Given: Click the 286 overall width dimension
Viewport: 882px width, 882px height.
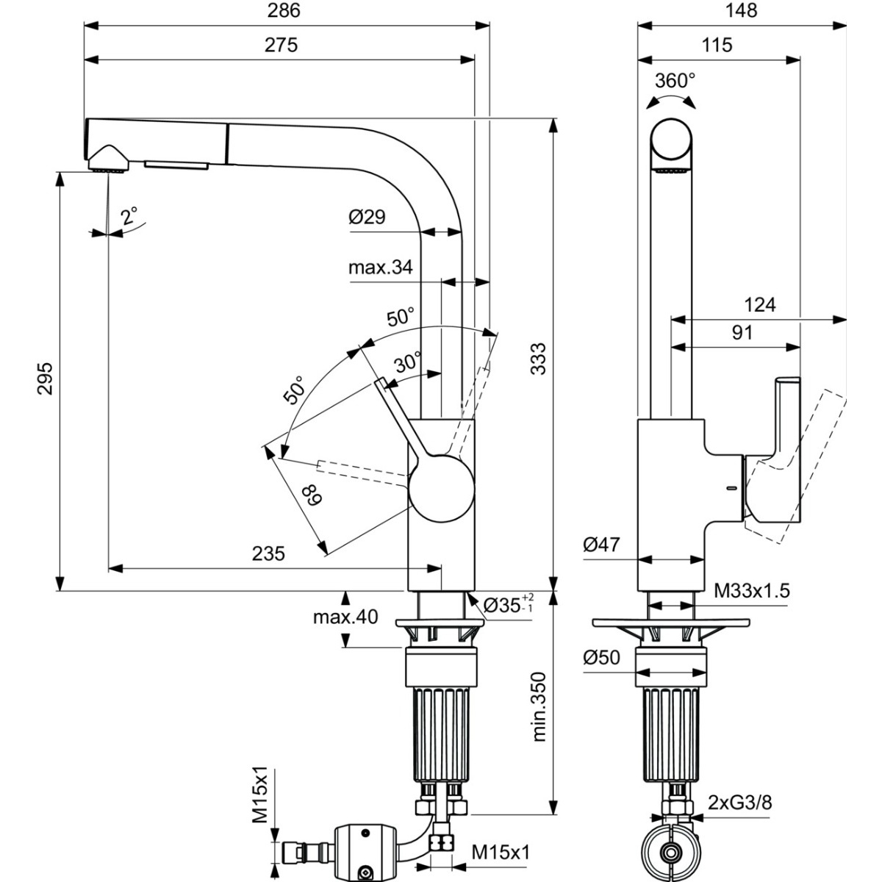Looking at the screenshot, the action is pyautogui.click(x=284, y=10).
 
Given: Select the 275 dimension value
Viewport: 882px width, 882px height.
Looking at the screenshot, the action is pyautogui.click(x=281, y=45).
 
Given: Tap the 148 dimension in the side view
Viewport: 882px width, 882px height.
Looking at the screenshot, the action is pyautogui.click(x=741, y=10).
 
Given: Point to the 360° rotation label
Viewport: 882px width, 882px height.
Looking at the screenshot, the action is pyautogui.click(x=675, y=81).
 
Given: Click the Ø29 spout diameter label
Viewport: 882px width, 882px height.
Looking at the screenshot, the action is pyautogui.click(x=367, y=217).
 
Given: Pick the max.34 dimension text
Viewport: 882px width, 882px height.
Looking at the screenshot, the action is pyautogui.click(x=381, y=267).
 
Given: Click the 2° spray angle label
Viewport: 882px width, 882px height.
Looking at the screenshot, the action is pyautogui.click(x=129, y=215).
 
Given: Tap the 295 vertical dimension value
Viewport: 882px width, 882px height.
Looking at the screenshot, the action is pyautogui.click(x=46, y=379).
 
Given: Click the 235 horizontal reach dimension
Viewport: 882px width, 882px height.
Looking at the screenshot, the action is pyautogui.click(x=269, y=553).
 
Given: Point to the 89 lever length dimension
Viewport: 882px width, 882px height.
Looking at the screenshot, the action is pyautogui.click(x=312, y=495).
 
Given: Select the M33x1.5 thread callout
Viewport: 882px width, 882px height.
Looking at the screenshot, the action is pyautogui.click(x=752, y=591).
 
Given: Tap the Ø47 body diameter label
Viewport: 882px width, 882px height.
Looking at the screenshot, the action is pyautogui.click(x=601, y=544).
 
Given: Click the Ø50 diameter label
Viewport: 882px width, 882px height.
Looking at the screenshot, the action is pyautogui.click(x=601, y=658).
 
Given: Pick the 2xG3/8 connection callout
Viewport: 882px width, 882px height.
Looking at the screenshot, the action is pyautogui.click(x=740, y=815).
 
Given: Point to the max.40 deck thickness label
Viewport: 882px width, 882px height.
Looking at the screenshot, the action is pyautogui.click(x=345, y=617).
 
